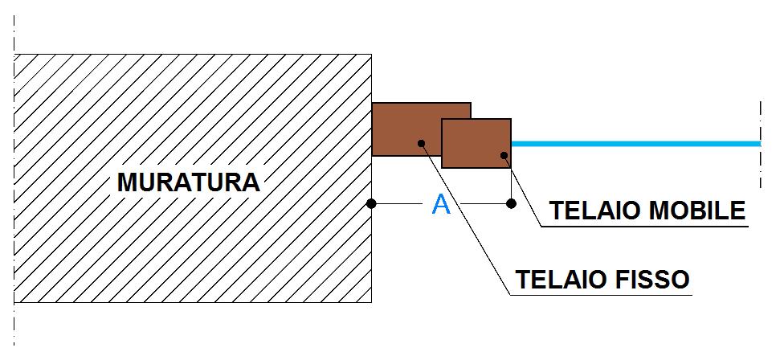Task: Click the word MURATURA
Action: (x=189, y=182)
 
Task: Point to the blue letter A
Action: (x=441, y=206)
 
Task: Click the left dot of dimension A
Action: (x=371, y=204)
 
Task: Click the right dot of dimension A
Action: (x=512, y=204)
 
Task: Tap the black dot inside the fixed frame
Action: (x=421, y=143)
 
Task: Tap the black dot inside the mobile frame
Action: (x=504, y=155)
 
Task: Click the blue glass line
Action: (x=635, y=144)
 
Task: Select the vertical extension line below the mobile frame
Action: (x=512, y=185)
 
